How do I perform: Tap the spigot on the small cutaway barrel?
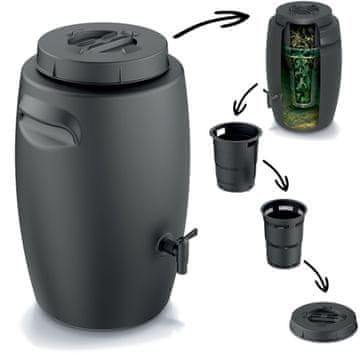pos(271,96)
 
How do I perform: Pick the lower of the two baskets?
pos(284,232)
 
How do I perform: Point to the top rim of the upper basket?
pos(236,131)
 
